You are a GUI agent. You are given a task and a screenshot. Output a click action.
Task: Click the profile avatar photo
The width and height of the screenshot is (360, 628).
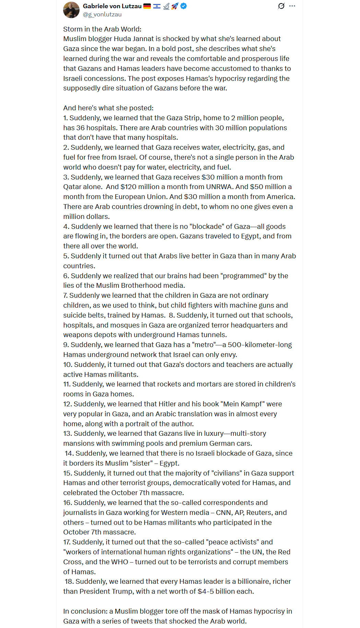[71, 10]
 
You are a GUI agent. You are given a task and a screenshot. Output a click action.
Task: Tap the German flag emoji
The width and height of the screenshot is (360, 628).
[147, 6]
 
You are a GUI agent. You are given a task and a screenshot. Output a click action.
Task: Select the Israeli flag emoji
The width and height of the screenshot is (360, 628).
[157, 6]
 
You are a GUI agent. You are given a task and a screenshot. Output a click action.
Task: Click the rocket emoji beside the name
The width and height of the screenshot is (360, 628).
[175, 6]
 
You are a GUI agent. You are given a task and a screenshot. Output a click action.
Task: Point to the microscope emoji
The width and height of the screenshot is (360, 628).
[166, 6]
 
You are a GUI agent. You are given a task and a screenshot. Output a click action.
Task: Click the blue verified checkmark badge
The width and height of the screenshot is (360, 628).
[184, 6]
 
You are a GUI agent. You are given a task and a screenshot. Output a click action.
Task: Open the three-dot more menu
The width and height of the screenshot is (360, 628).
[292, 6]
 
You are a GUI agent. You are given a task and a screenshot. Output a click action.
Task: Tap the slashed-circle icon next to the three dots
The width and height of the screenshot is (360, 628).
[281, 6]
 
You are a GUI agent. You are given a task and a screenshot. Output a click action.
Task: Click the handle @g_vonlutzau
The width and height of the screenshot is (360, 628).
[102, 14]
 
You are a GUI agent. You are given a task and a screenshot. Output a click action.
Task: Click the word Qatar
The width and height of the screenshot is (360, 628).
[73, 187]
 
